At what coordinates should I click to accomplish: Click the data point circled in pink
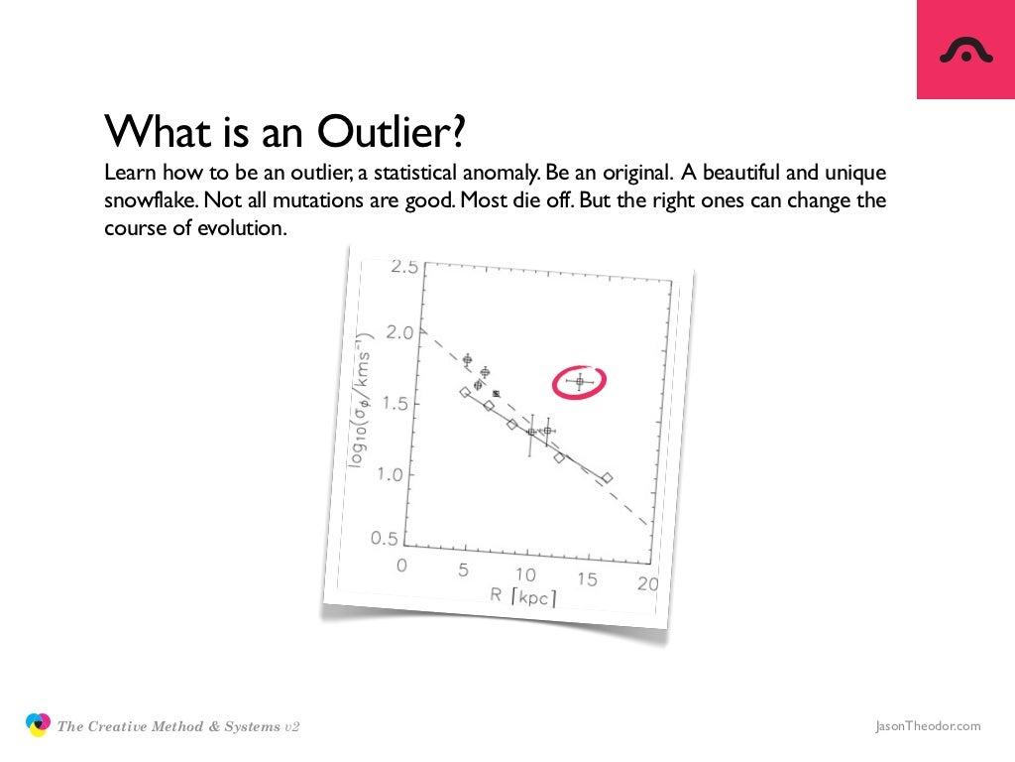580,381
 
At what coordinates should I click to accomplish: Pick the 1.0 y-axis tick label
389,474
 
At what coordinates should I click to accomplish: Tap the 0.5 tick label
383,540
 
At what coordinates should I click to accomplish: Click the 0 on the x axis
402,566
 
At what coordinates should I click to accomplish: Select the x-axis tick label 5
462,570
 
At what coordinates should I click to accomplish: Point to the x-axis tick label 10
524,574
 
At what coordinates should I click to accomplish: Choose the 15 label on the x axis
587,579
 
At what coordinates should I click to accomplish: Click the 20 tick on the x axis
647,584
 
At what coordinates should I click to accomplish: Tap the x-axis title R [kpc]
522,596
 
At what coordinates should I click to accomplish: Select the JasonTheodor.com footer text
928,726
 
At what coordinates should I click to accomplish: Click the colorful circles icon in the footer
38,725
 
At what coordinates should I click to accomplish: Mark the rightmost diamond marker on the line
607,477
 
